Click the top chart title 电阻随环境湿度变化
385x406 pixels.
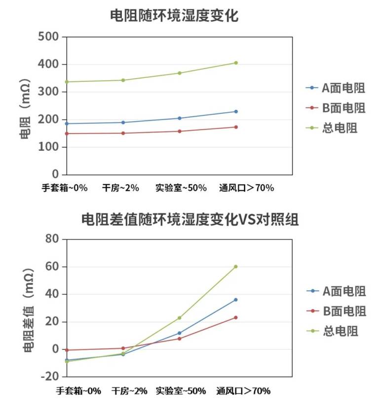coord(174,16)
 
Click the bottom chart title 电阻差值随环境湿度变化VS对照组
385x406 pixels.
coord(190,219)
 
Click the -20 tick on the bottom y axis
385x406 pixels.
coord(49,377)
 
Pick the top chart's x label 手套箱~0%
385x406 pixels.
coord(65,188)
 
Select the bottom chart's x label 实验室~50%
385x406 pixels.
coord(181,391)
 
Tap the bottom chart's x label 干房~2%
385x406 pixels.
coord(129,391)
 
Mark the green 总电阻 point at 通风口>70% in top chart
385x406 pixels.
coord(236,63)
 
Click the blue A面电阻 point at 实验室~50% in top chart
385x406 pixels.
coord(180,118)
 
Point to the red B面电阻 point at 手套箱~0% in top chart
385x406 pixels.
coord(67,134)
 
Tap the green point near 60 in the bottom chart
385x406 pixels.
coord(236,267)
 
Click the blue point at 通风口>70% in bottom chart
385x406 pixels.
coord(236,300)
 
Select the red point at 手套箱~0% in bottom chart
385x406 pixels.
coord(67,350)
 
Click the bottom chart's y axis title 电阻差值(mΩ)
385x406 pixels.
coord(28,308)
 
